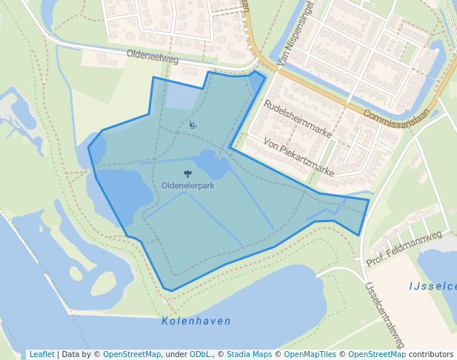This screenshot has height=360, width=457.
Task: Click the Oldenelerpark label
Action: coord(188,185)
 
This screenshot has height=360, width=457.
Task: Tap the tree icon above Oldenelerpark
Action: coord(187,173)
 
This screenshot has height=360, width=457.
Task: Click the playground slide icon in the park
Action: coord(193,124)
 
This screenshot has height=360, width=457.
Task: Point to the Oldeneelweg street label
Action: coord(153,59)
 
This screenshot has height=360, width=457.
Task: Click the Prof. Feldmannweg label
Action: coord(404,248)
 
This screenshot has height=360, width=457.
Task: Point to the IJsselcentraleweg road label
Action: coord(385,315)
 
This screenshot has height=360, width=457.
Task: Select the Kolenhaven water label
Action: coord(196,321)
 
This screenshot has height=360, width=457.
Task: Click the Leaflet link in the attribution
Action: coord(41,354)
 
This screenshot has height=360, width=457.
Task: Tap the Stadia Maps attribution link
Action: coord(249,354)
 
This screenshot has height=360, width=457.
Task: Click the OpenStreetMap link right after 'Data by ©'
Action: coord(132,354)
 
